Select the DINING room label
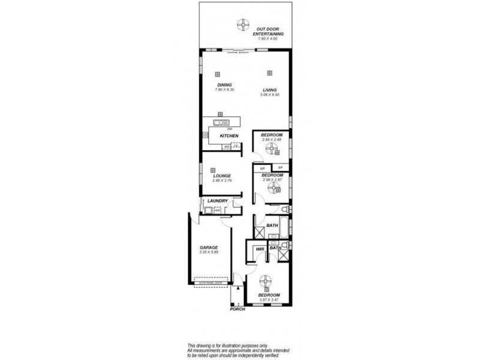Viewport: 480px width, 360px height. tap(224, 85)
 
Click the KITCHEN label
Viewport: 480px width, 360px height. tap(229, 137)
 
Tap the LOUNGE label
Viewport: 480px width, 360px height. tap(222, 175)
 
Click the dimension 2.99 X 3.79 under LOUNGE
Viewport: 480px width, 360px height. tap(222, 181)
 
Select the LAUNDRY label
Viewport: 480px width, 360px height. tap(217, 201)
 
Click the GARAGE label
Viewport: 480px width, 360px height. tap(209, 248)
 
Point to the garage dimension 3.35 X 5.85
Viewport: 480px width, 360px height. tap(209, 253)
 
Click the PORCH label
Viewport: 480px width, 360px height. tap(238, 310)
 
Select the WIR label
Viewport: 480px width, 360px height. tap(261, 248)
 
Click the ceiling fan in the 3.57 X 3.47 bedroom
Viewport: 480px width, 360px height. tap(266, 282)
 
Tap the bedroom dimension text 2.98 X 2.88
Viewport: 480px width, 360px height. tap(272, 140)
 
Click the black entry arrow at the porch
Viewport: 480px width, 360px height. tap(238, 289)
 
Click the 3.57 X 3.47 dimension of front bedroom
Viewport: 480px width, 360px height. tap(269, 300)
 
